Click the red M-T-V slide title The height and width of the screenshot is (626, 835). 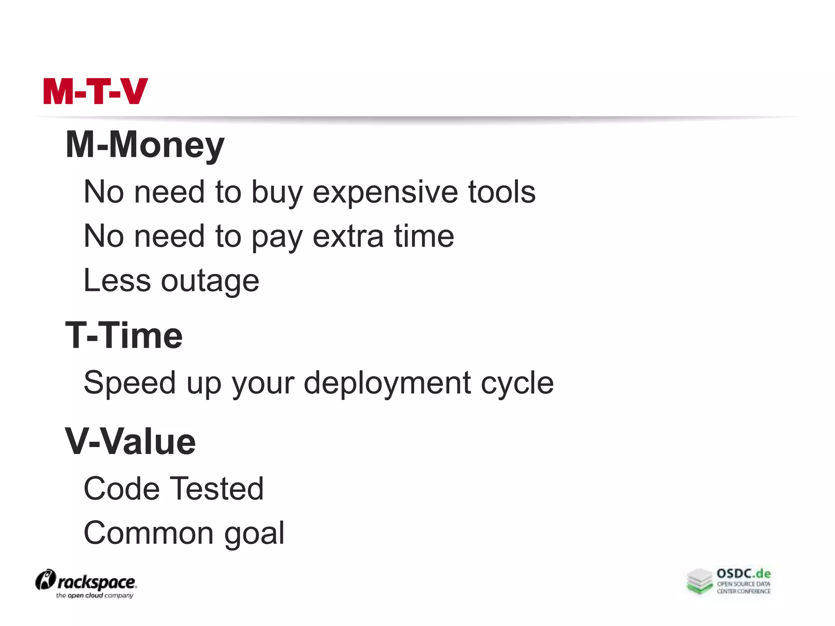click(x=95, y=91)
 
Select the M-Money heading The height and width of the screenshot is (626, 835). click(x=145, y=145)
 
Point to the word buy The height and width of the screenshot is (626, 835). click(x=277, y=192)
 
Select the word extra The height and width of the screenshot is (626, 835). click(x=348, y=236)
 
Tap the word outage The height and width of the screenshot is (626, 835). click(x=210, y=281)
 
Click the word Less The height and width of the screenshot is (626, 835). click(x=117, y=280)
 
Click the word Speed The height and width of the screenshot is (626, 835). click(x=129, y=383)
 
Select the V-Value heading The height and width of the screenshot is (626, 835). click(x=130, y=442)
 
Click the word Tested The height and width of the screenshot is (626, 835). click(x=216, y=488)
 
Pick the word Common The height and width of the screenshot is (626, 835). click(x=148, y=533)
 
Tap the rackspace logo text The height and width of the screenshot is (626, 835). click(x=96, y=582)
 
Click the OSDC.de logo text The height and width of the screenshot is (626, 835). click(x=744, y=574)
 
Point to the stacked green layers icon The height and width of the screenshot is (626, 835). click(x=699, y=581)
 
